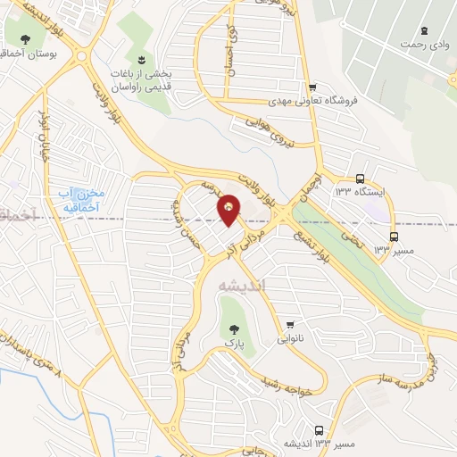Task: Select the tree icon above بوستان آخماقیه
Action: [23, 39]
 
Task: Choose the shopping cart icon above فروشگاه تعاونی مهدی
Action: [312, 87]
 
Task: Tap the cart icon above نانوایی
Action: [288, 325]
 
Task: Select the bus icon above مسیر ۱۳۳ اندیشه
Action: [319, 429]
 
